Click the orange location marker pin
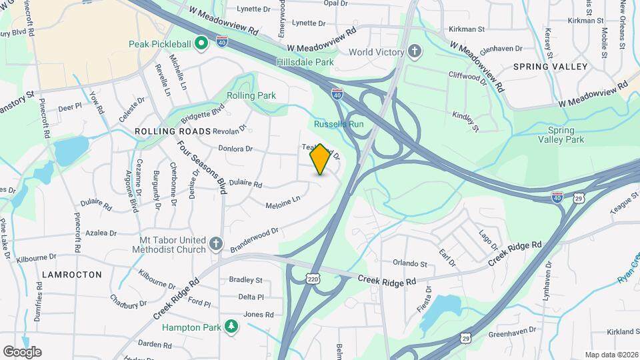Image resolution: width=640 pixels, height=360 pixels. pos(320,159)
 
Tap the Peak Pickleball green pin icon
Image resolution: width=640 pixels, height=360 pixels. pos(199,44)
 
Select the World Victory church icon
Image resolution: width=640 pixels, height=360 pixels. pos(414,51)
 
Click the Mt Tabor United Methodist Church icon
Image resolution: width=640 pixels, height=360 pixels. pos(215,244)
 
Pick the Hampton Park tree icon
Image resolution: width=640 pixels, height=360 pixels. pos(231,327)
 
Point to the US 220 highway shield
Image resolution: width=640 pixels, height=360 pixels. pos(313,279)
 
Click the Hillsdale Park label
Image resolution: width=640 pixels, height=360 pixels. pos(305,62)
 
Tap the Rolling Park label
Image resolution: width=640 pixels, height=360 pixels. pos(251,95)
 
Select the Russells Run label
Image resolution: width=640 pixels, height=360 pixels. pos(339,124)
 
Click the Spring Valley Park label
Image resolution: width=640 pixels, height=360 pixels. pos(566,135)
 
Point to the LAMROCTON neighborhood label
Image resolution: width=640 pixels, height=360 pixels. pos(72,274)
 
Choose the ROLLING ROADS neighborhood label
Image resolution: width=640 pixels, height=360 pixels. pos(173,131)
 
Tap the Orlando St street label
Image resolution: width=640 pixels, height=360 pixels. pos(409,264)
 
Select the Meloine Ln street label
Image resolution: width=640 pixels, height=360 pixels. pos(283,199)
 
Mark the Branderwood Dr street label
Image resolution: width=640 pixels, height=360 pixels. pos(253,239)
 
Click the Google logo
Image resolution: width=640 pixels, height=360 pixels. pos(22,351)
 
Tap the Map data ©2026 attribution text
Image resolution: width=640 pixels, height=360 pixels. pos(610,355)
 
